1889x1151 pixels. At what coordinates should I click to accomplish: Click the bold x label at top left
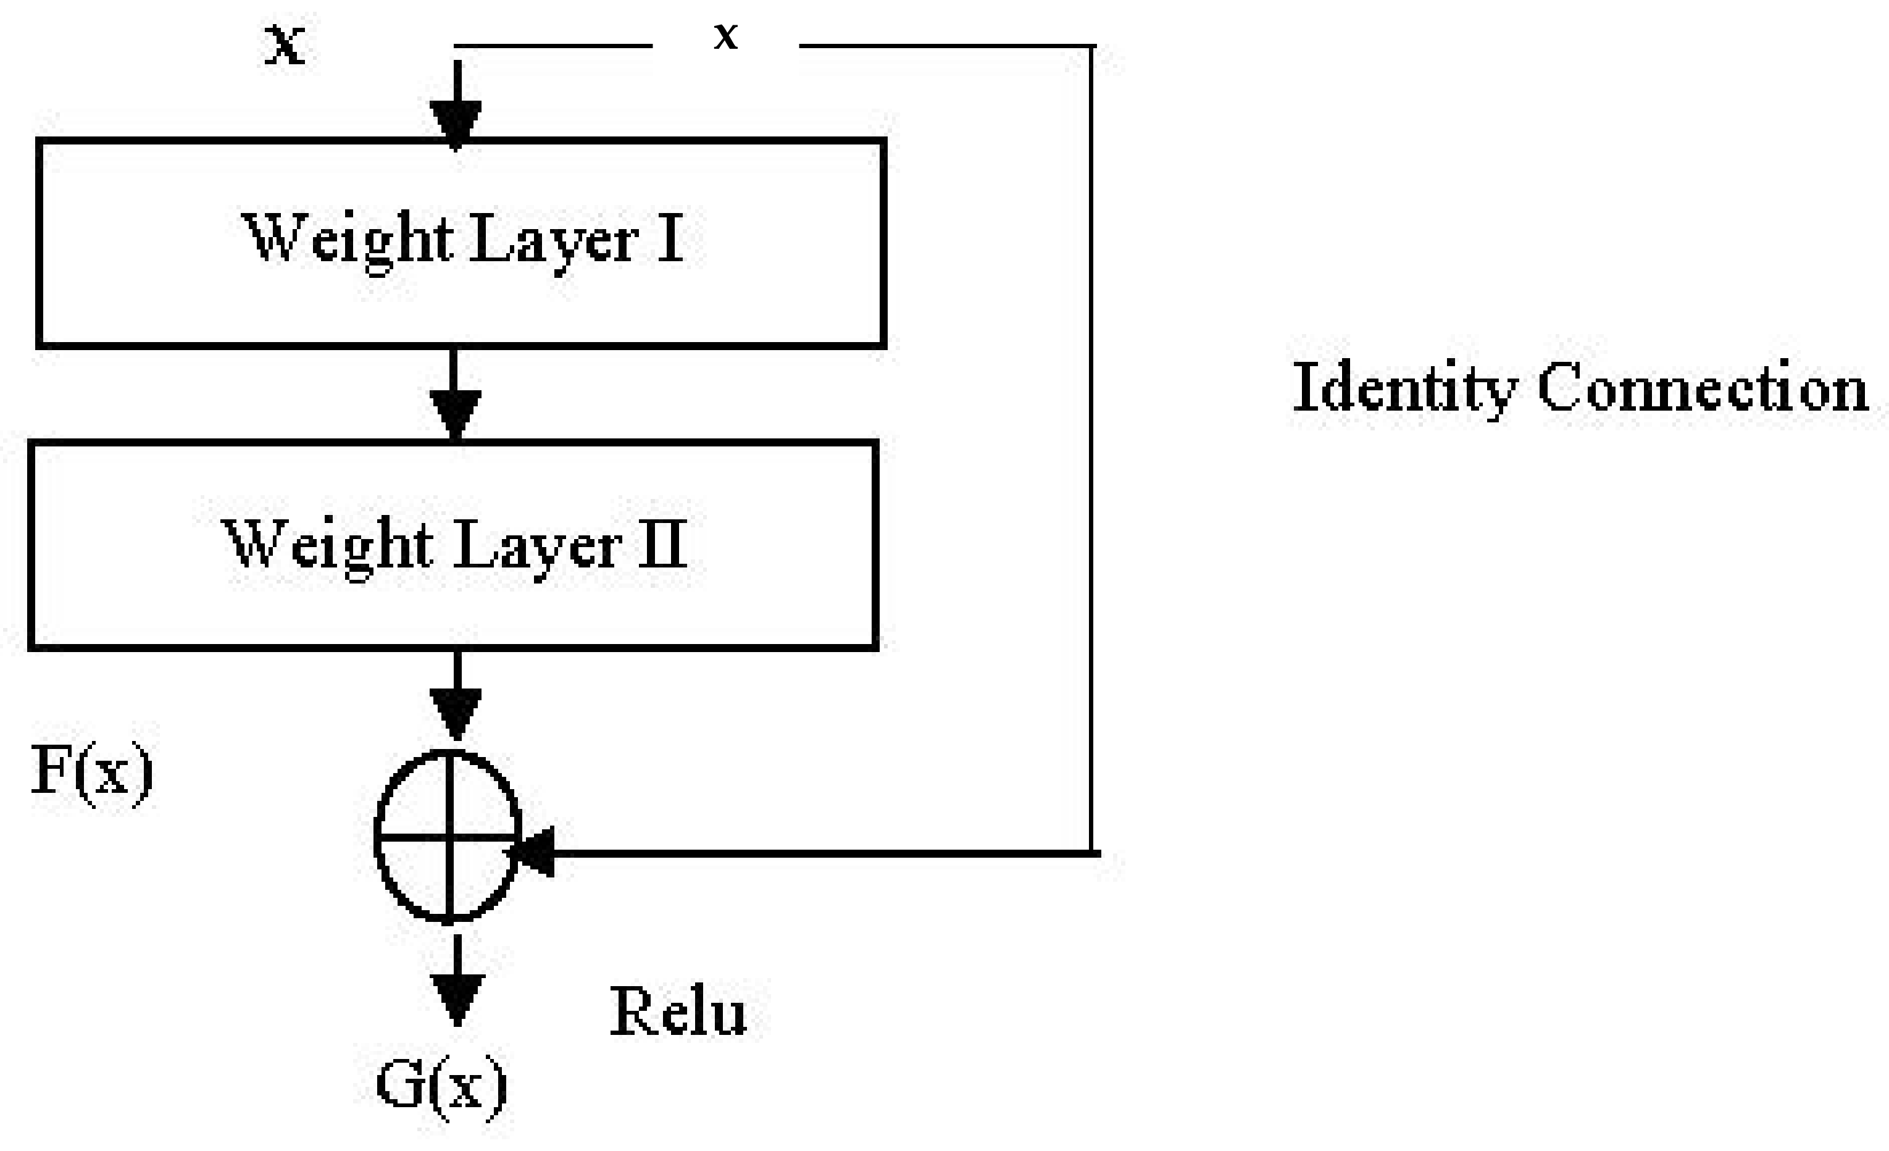pos(285,44)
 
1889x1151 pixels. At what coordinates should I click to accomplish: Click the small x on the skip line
pos(725,36)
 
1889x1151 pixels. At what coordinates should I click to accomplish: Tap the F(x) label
pos(92,771)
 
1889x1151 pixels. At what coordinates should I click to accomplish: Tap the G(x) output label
pos(441,1086)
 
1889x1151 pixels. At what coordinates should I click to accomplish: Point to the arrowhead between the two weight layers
pos(456,412)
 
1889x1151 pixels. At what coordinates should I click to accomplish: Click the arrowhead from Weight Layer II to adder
pos(456,710)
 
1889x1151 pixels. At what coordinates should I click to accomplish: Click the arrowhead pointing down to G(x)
pos(457,997)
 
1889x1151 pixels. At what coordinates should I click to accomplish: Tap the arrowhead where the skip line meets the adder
pos(535,853)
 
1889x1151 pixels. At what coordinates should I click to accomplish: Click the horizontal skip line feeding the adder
pos(820,853)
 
